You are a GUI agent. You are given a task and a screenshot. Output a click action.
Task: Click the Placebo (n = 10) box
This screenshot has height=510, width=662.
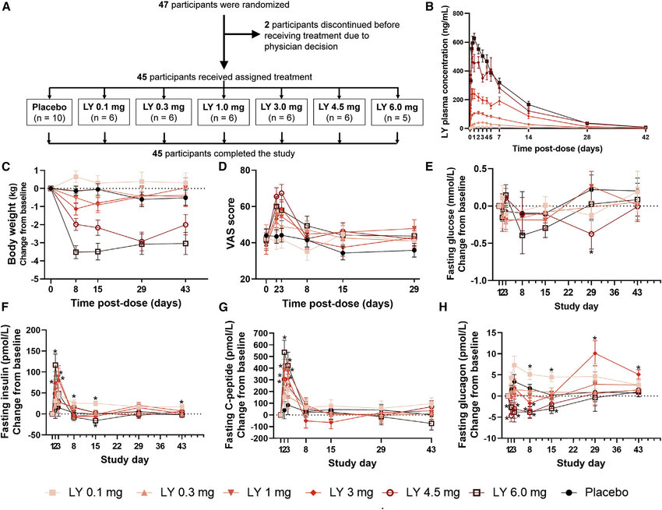click(x=49, y=112)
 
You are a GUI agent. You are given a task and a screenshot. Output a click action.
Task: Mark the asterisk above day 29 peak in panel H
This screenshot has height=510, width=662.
click(x=595, y=339)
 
